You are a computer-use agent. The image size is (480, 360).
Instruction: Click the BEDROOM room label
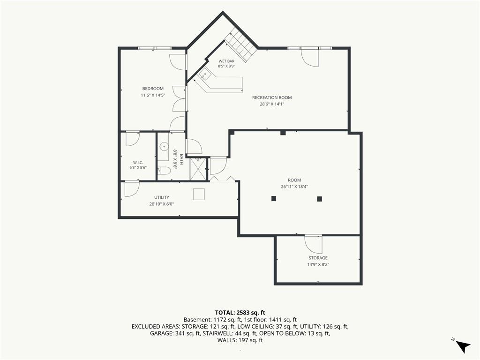click(153, 89)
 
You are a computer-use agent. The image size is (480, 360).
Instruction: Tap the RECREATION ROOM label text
click(272, 97)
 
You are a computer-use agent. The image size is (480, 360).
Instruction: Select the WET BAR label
click(226, 61)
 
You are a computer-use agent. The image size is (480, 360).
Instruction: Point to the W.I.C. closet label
click(138, 163)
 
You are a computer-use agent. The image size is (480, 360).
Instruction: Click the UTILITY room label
click(162, 197)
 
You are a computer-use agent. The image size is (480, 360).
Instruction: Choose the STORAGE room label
click(318, 258)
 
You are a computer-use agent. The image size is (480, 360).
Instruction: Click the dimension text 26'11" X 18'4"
click(294, 187)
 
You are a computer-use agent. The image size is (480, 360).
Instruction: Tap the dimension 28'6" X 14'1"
click(272, 104)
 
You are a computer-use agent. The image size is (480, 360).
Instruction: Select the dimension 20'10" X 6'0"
click(162, 204)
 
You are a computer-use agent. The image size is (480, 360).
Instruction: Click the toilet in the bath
click(164, 171)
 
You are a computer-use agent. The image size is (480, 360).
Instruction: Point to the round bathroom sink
click(164, 146)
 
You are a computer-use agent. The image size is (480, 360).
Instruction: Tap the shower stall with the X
click(198, 169)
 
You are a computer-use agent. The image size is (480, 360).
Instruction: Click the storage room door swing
click(313, 244)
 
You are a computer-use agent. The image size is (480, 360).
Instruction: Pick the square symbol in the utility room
click(199, 195)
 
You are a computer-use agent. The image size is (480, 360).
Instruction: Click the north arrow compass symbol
click(462, 346)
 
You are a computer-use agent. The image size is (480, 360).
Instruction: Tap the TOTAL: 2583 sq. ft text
click(240, 313)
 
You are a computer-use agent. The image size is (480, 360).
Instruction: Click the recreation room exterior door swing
click(310, 58)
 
